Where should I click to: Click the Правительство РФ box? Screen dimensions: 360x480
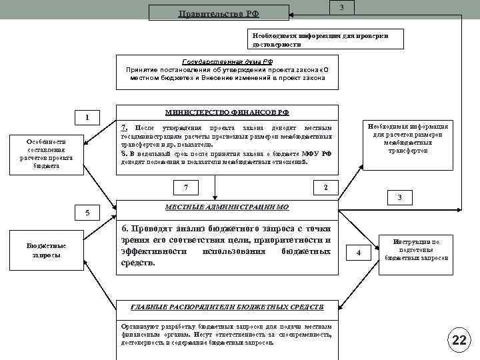pyautogui.click(x=219, y=13)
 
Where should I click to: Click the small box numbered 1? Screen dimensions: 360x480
pyautogui.click(x=87, y=119)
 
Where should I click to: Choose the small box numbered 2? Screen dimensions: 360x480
pyautogui.click(x=325, y=187)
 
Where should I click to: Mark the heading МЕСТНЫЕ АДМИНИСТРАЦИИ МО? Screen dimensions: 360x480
pyautogui.click(x=226, y=207)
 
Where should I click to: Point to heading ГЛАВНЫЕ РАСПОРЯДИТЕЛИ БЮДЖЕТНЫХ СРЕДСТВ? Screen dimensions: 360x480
pyautogui.click(x=227, y=307)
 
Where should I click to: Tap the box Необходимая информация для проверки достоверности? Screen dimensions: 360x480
pyautogui.click(x=324, y=40)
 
